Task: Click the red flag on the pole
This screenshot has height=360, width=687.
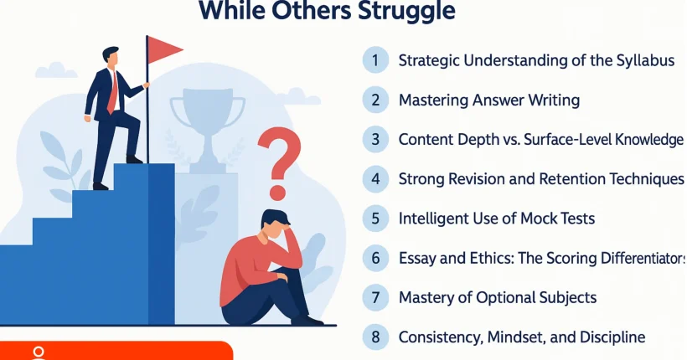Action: coord(163,49)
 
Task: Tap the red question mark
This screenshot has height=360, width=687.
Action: coord(279,163)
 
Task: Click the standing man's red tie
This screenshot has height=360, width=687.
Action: coord(113,91)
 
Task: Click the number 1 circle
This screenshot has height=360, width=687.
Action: coord(375,60)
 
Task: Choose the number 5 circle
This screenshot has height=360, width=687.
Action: coord(375,219)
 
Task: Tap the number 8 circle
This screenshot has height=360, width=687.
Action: coord(375,337)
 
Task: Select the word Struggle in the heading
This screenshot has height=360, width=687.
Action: coord(406,11)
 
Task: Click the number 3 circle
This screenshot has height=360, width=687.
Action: coord(375,139)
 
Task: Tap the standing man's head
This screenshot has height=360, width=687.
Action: coord(111,56)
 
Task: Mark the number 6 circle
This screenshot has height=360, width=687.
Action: coord(375,258)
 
